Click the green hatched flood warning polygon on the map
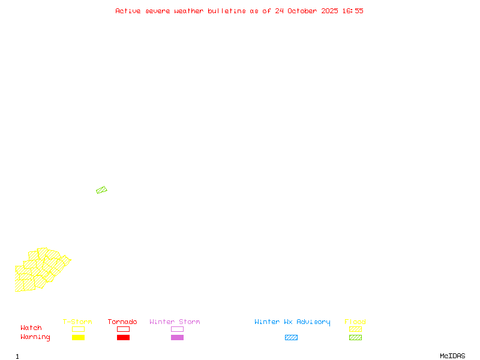[x=101, y=190]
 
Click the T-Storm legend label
[x=77, y=322]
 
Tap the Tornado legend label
[x=122, y=322]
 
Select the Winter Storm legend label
[x=175, y=322]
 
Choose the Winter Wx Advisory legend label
[x=292, y=322]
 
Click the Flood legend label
[x=355, y=322]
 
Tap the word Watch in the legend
[x=31, y=328]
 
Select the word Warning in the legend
[x=35, y=337]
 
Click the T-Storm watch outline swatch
[x=78, y=329]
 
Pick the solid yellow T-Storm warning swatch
[x=78, y=337]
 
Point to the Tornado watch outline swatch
[x=123, y=329]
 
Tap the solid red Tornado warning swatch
[x=123, y=337]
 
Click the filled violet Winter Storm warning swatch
[x=177, y=337]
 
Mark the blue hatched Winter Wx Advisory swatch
[x=291, y=337]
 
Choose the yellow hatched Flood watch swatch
[x=355, y=329]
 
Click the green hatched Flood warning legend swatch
[x=355, y=337]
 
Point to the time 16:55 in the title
[x=352, y=11]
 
